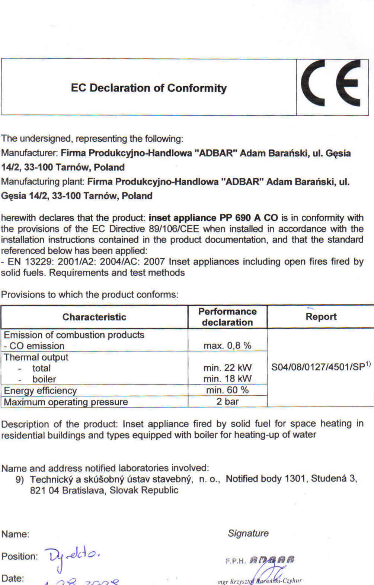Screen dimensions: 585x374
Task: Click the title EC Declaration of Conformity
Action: (x=149, y=88)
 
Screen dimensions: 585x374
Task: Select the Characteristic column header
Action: (x=94, y=317)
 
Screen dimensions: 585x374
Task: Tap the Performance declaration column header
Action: (x=227, y=317)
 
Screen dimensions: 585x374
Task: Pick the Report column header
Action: (x=321, y=317)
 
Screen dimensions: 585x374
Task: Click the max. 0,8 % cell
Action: (x=227, y=345)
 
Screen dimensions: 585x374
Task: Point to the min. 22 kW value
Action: (x=227, y=368)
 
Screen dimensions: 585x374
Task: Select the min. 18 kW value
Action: (x=227, y=379)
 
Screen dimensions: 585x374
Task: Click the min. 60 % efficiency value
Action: (x=227, y=390)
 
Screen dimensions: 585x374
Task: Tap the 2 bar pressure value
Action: (x=227, y=401)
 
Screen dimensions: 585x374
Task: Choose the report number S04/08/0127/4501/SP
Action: (x=319, y=367)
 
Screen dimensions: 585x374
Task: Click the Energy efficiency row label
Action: (x=40, y=390)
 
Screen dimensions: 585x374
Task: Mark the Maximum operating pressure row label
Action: (x=66, y=402)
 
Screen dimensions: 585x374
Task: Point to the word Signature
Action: (x=248, y=533)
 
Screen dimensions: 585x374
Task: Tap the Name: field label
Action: (x=15, y=534)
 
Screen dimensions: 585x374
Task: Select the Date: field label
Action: (x=13, y=578)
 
